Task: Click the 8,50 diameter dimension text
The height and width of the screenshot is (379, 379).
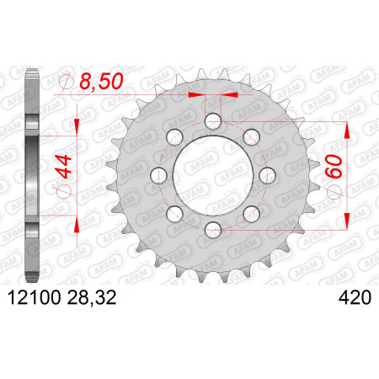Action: tap(101, 82)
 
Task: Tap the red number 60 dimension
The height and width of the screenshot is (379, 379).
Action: tap(334, 166)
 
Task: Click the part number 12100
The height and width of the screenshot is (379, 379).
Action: tap(34, 297)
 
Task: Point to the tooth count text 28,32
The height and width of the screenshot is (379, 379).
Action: tap(92, 297)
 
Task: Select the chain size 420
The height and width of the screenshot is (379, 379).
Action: tap(355, 297)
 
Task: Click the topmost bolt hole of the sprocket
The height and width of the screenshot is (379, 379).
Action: tap(213, 121)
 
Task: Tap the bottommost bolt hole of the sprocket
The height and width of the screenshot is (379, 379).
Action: tap(213, 230)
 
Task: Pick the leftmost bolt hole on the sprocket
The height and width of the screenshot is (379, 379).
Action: tap(159, 175)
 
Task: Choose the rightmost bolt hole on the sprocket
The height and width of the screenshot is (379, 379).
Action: tap(268, 175)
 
